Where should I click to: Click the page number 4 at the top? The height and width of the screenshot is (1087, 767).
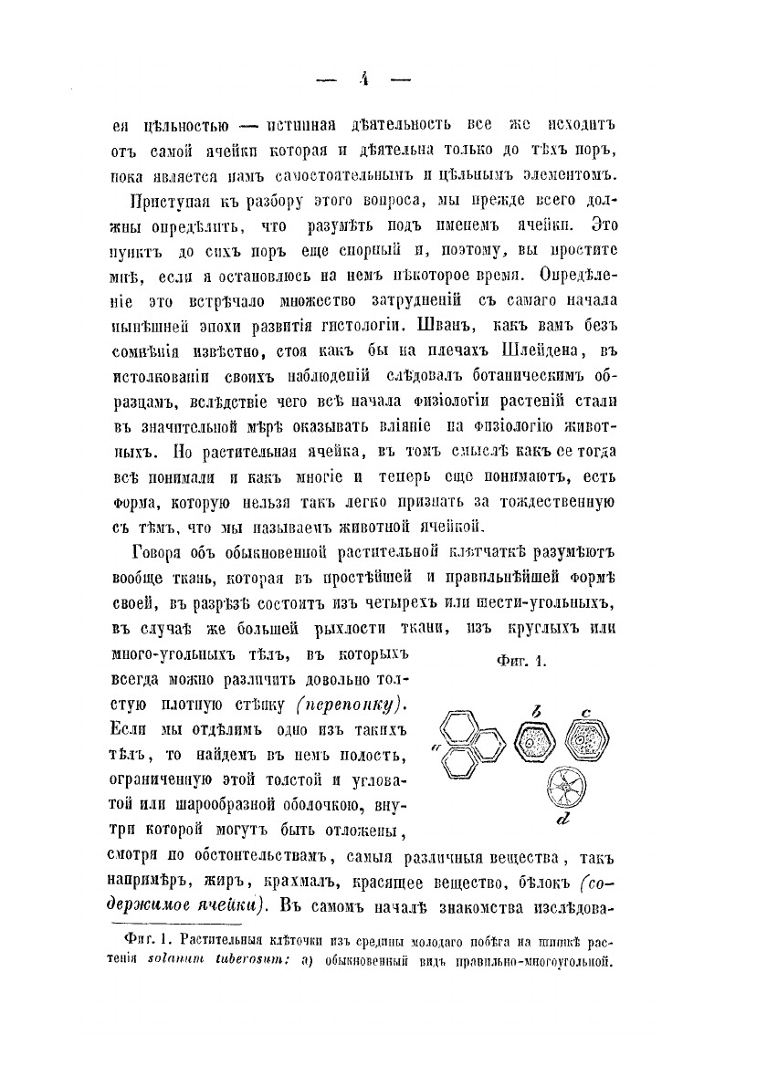pyautogui.click(x=362, y=79)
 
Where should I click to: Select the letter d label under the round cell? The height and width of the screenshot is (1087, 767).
pyautogui.click(x=562, y=820)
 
